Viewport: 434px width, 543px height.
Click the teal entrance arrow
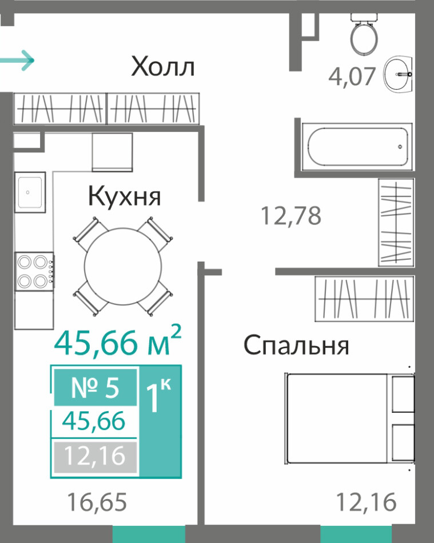point(17,61)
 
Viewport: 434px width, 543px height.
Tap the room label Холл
point(163,66)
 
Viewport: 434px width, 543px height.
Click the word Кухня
point(124,196)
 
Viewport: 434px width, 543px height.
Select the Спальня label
point(296,345)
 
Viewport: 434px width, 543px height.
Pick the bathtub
point(357,147)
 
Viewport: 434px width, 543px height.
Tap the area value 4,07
point(352,77)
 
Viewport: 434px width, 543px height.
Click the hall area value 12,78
point(290,215)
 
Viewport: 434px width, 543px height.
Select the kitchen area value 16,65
point(97,502)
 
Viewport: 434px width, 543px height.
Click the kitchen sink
point(30,192)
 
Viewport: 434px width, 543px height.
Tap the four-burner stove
point(34,271)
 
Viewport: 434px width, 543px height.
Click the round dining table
point(123,266)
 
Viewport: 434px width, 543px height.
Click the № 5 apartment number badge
point(95,388)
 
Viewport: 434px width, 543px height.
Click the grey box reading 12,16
point(95,456)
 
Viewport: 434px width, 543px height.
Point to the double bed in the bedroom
point(350,419)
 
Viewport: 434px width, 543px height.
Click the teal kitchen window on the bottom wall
point(149,534)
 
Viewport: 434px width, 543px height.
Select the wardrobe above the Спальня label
point(364,299)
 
